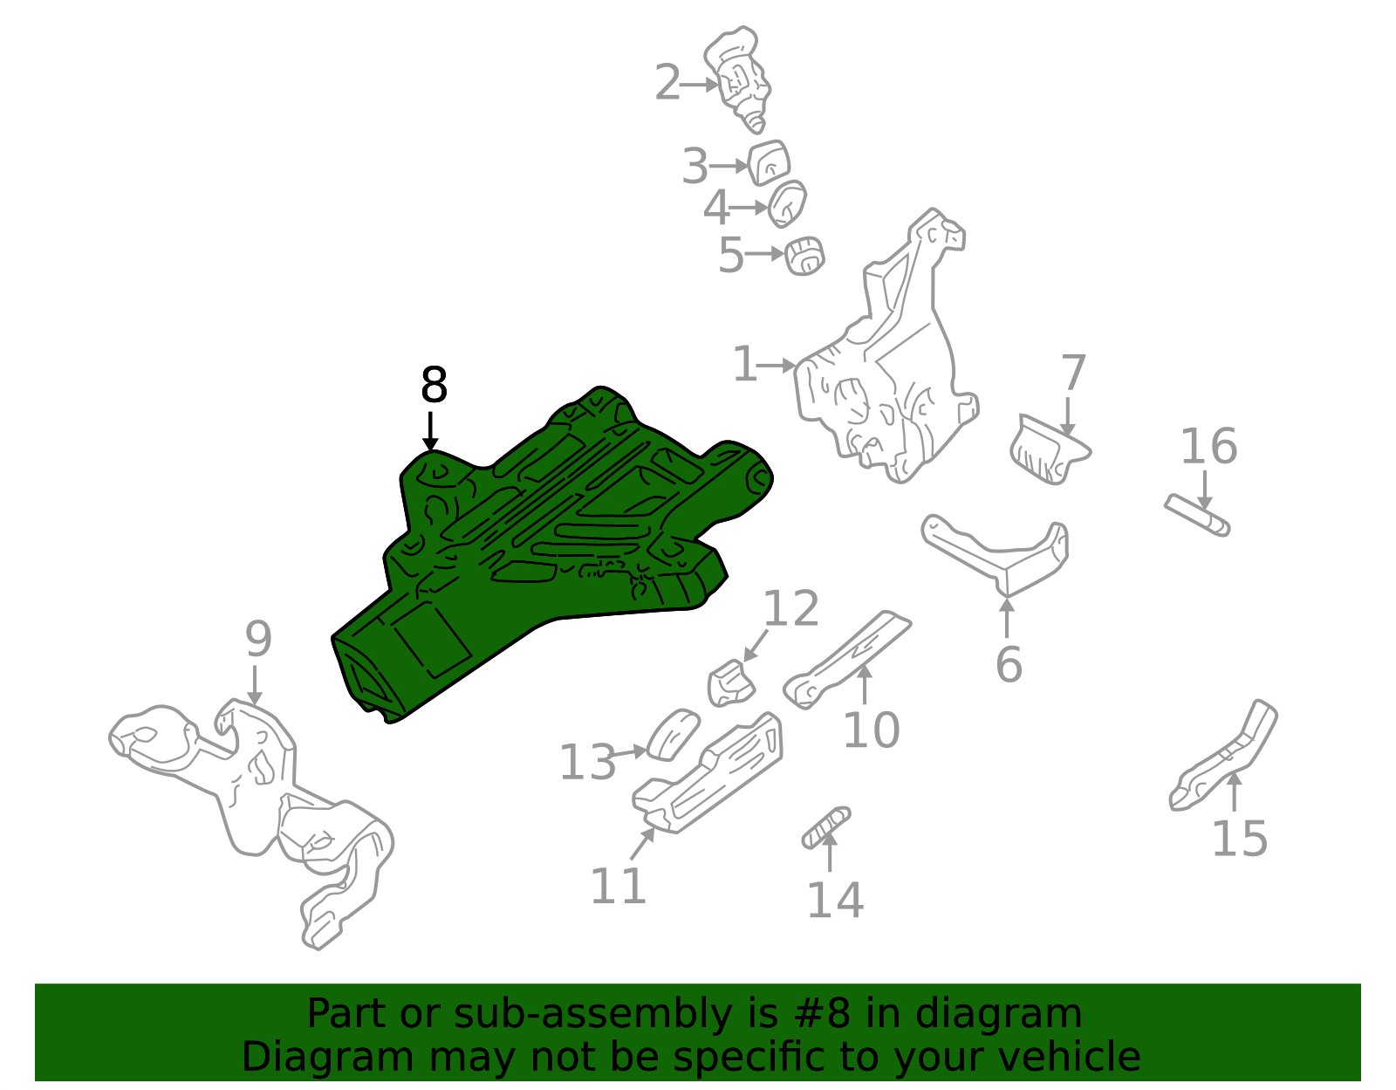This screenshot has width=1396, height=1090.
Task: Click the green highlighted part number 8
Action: click(x=541, y=541)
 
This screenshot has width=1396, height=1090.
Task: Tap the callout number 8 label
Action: click(x=434, y=386)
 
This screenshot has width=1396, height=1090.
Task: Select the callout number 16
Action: click(x=1208, y=446)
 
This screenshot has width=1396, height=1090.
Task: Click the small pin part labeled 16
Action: click(x=1198, y=514)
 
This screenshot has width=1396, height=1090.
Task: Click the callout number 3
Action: click(x=695, y=166)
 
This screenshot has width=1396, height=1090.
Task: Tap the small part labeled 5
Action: click(x=804, y=255)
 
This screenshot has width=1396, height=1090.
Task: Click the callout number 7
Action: click(x=1073, y=374)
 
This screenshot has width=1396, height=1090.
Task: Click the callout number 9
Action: click(x=258, y=640)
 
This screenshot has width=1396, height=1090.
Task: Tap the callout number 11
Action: click(x=618, y=886)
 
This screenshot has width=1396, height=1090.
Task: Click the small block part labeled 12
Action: click(x=730, y=683)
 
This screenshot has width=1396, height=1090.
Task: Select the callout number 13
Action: click(x=587, y=763)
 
